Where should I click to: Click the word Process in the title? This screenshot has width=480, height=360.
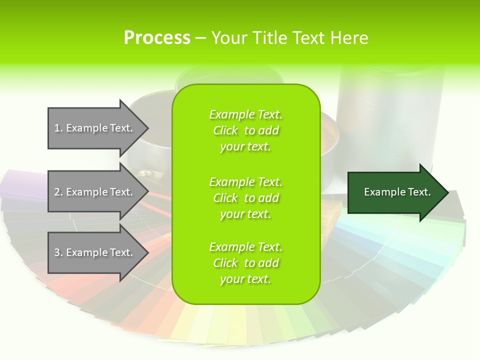pos(157,38)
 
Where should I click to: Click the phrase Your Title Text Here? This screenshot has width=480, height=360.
pos(289,38)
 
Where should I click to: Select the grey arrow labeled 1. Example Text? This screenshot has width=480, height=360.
pos(95,128)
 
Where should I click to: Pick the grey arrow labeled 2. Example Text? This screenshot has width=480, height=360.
pos(95,192)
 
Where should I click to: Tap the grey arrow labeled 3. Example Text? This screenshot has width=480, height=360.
pos(95,252)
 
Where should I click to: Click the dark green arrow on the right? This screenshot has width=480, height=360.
pos(395,192)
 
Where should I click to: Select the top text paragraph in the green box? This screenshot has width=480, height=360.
pos(245,130)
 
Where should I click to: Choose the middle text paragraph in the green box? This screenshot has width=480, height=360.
pos(245,198)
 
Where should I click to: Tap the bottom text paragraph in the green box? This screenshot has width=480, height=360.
pos(245,263)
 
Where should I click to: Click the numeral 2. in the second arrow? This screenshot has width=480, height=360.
pos(58,192)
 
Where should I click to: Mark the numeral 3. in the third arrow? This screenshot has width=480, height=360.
pos(58,252)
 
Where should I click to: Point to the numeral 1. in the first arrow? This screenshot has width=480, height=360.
pos(58,128)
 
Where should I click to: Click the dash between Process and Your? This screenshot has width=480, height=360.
pos(201,38)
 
